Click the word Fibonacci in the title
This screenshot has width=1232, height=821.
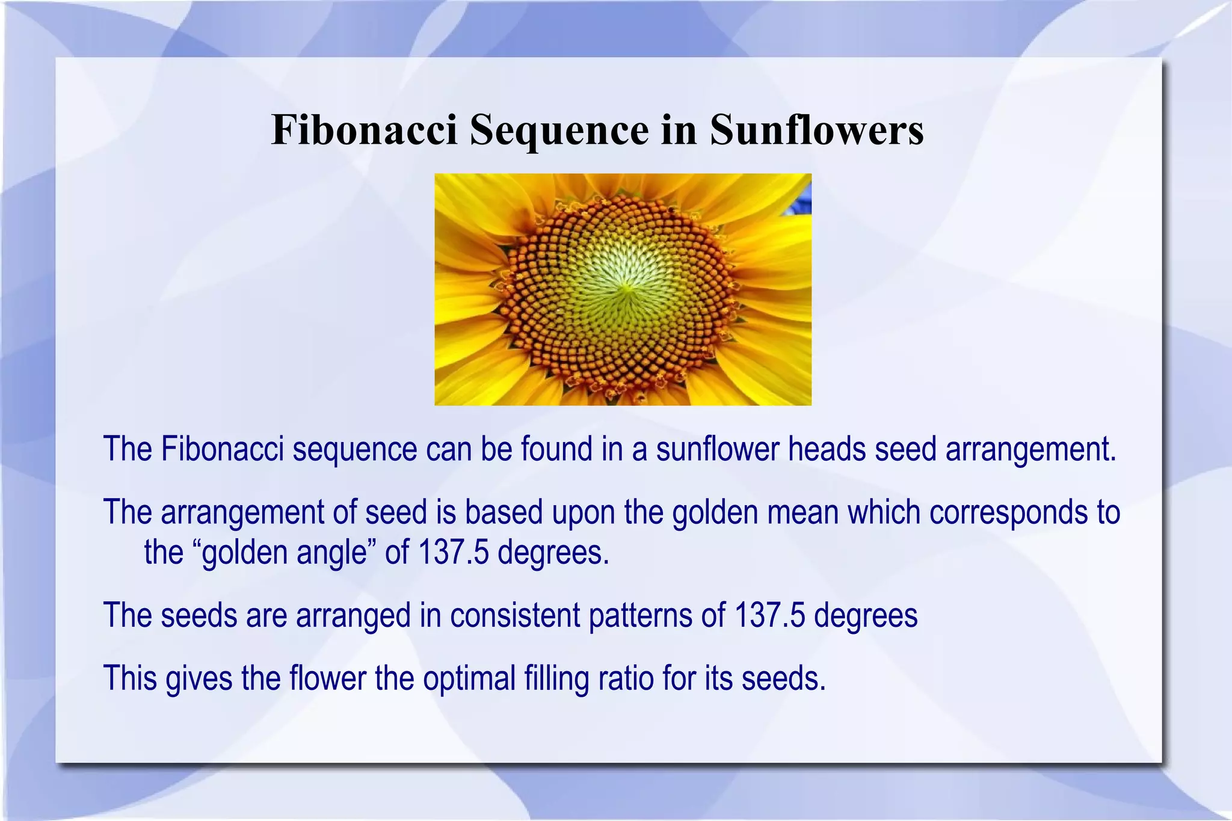(x=365, y=129)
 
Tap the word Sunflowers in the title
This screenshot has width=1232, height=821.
(x=816, y=129)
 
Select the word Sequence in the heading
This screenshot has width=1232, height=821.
(x=559, y=131)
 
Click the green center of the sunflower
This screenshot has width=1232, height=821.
(x=626, y=289)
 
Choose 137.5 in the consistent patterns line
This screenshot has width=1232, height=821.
(x=769, y=615)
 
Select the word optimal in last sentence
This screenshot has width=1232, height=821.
(x=469, y=678)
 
